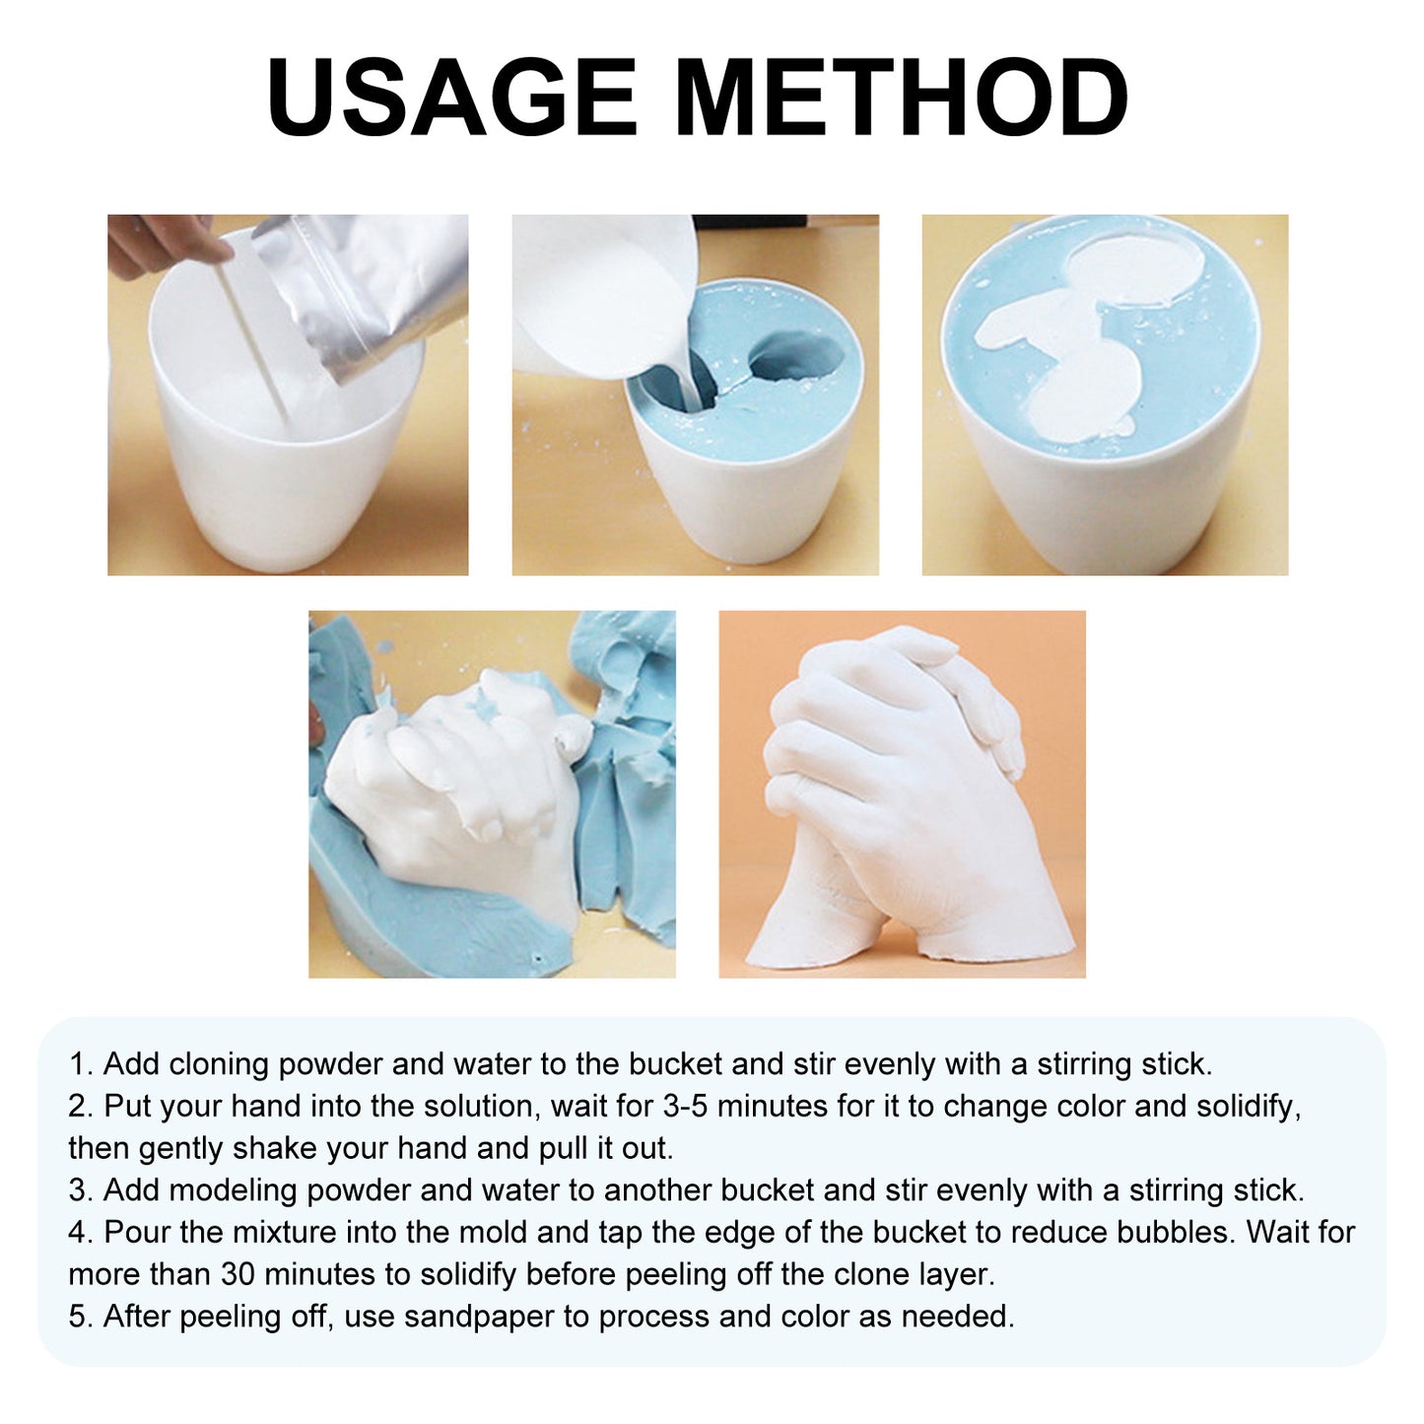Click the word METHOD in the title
[x=902, y=98]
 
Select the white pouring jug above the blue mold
[x=601, y=296]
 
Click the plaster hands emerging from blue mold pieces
[x=463, y=779]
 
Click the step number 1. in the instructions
[x=81, y=1064]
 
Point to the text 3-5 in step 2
[x=685, y=1107]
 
